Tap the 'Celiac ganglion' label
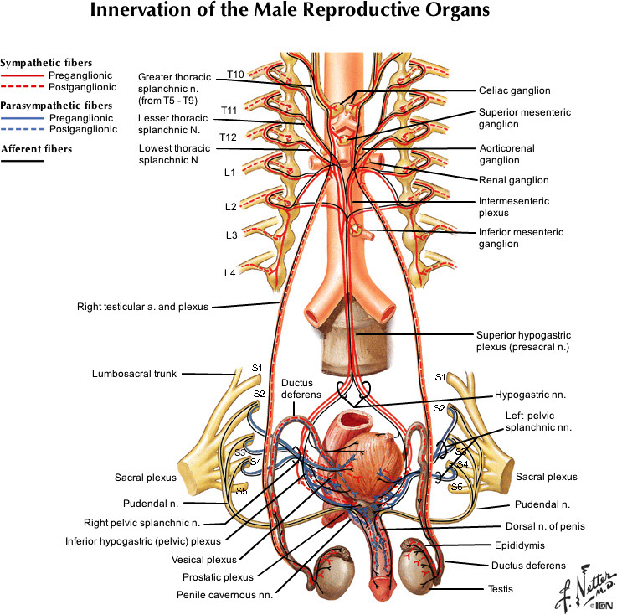pyautogui.click(x=514, y=90)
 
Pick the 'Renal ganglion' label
pyautogui.click(x=513, y=179)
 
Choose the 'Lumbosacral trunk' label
pyautogui.click(x=136, y=374)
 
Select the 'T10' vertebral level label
pyautogui.click(x=234, y=75)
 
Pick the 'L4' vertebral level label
pyautogui.click(x=229, y=273)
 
